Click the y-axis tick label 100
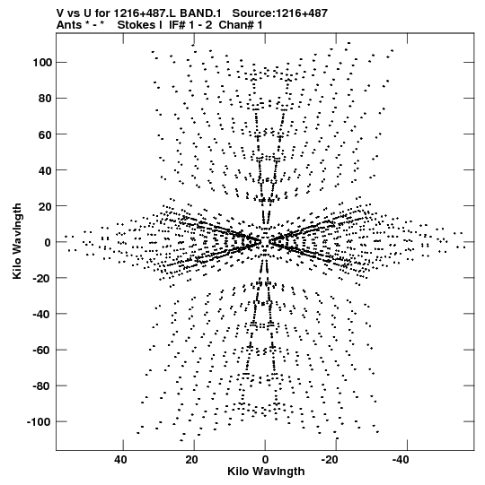[x=42, y=63]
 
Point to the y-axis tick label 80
[x=45, y=99]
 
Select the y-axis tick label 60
[x=45, y=134]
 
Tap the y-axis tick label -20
[x=42, y=278]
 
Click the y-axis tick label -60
[x=42, y=350]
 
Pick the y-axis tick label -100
[x=39, y=422]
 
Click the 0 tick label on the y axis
[x=48, y=242]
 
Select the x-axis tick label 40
[x=120, y=460]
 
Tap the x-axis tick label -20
[x=330, y=460]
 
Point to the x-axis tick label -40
[x=401, y=460]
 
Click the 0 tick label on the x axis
[x=265, y=460]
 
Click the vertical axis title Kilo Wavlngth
[x=17, y=241]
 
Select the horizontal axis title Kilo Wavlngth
[x=266, y=472]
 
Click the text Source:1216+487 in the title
[x=280, y=13]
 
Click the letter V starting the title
[x=60, y=13]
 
